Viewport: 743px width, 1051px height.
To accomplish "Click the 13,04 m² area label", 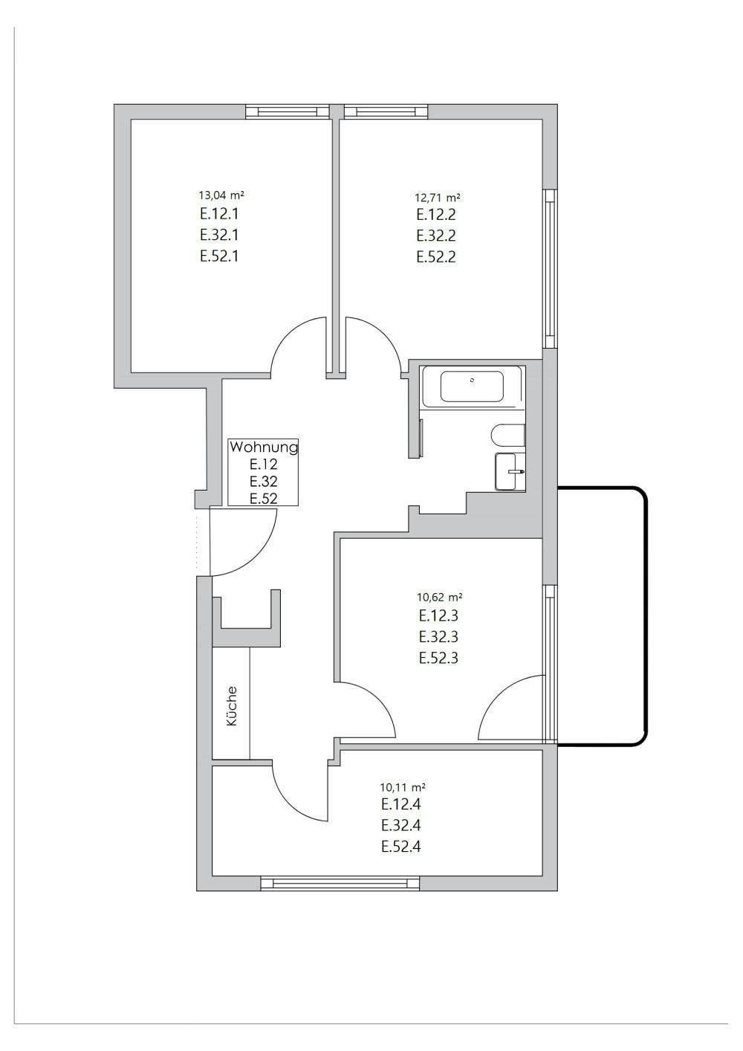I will point(221,195).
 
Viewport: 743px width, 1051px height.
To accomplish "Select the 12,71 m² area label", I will point(437,198).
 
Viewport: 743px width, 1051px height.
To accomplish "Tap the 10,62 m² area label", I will point(440,597).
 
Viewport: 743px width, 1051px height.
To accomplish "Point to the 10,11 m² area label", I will point(402,786).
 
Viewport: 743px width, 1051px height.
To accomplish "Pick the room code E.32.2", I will point(436,236).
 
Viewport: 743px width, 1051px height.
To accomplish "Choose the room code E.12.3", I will point(438,615).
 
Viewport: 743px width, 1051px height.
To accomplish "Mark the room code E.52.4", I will point(401,846).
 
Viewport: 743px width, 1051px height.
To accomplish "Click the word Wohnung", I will point(263,447).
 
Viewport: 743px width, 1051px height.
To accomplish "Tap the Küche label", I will point(231,706).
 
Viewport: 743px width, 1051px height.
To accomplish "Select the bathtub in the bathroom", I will point(473,387).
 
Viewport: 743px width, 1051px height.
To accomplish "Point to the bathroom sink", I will point(509,471).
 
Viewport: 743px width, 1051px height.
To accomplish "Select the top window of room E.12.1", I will point(288,111).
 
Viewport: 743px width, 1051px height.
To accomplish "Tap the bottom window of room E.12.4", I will point(340,883).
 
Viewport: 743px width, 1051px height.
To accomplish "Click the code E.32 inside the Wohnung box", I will point(263,482).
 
